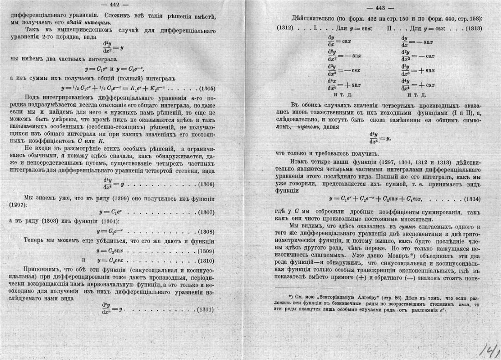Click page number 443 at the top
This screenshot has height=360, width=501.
pyautogui.click(x=380, y=8)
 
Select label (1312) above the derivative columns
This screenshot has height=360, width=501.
pyautogui.click(x=285, y=29)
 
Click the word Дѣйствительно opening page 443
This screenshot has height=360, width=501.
pyautogui.click(x=313, y=18)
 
